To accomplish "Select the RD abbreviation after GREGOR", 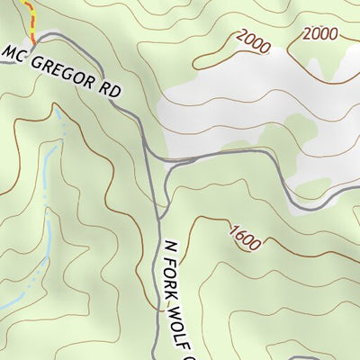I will point(111,90).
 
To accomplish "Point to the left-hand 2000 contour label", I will point(253,40).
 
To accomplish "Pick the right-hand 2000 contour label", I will point(320,34).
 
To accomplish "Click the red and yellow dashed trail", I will point(31,18).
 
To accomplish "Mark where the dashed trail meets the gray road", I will point(35,39).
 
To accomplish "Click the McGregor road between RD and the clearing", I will point(137,112).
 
